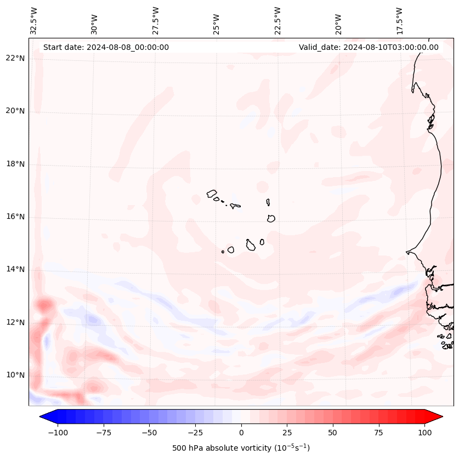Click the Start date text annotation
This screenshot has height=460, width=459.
click(x=106, y=47)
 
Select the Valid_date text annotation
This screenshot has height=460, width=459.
click(x=369, y=47)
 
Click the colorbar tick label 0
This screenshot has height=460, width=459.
click(x=241, y=433)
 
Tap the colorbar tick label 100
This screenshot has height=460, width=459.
click(x=424, y=433)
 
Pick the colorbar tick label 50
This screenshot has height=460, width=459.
click(x=333, y=433)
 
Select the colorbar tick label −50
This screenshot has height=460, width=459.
click(x=149, y=433)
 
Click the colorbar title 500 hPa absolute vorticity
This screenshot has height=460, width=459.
click(x=241, y=448)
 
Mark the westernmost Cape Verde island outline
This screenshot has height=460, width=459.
click(x=212, y=194)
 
